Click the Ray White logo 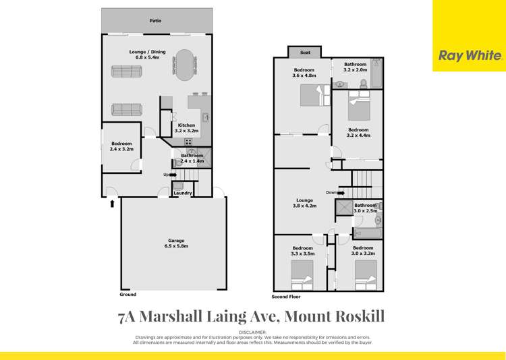(470, 56)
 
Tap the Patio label (155, 21)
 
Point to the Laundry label (182, 193)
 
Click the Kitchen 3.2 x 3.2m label (186, 128)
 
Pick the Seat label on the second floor (304, 53)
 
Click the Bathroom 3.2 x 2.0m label (355, 67)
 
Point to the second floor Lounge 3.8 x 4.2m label (304, 202)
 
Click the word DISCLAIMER (253, 332)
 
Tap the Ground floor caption (128, 295)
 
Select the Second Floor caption (285, 297)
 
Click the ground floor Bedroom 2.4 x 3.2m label (121, 146)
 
